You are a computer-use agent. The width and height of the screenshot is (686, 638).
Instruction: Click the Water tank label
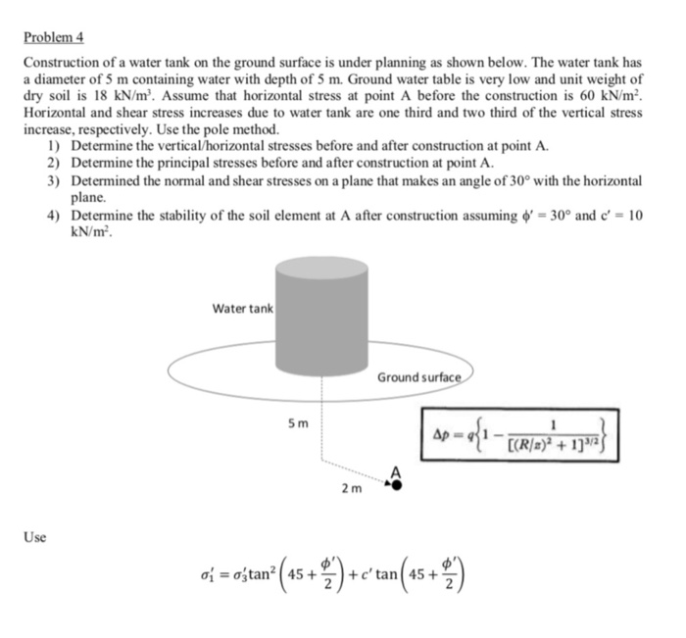coord(243,309)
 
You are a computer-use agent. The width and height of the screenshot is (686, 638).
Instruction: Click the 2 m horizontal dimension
coord(350,486)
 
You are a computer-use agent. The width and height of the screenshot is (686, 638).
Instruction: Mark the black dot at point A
coord(397,483)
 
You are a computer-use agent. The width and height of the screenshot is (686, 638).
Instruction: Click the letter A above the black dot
coord(397,468)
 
